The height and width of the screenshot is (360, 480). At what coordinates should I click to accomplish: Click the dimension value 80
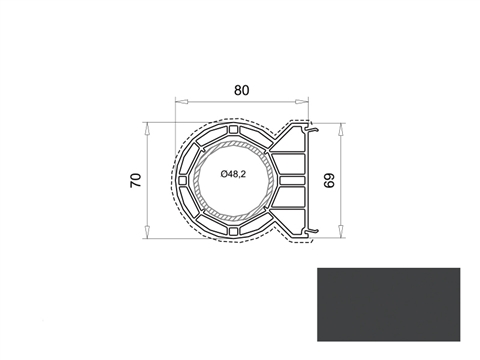(x=241, y=90)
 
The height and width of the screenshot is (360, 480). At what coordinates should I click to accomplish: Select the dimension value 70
(x=136, y=180)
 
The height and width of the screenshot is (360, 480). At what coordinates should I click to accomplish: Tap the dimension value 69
(x=329, y=180)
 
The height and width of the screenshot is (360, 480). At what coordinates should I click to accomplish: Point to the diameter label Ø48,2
(x=233, y=174)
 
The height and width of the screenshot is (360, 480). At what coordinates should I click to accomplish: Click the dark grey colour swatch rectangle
(x=389, y=304)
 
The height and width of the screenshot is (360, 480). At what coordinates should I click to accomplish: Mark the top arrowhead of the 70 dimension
(x=147, y=129)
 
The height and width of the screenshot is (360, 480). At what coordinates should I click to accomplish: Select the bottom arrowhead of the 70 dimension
(x=147, y=232)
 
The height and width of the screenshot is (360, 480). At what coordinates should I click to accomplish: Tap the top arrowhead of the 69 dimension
(x=340, y=130)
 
